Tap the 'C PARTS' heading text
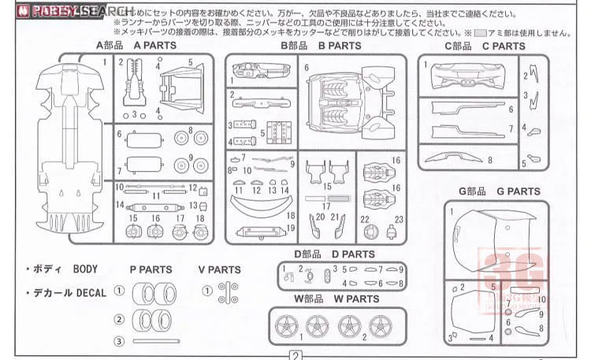click(504, 46)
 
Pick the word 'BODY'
click(85, 269)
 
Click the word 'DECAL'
click(91, 292)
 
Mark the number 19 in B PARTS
click(291, 228)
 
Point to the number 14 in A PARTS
click(120, 205)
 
